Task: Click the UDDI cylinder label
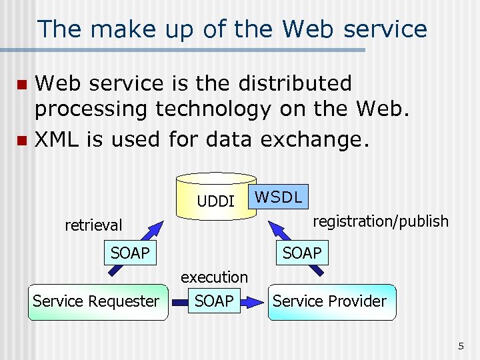point(215,201)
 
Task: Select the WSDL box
point(279,197)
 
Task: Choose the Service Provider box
point(329,301)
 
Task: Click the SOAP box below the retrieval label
point(130,253)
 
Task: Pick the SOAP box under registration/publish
point(301,253)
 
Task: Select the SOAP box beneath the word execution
point(214,301)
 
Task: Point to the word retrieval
point(93,225)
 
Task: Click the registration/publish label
point(381,221)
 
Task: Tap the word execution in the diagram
point(214,277)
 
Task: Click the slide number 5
point(461,346)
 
